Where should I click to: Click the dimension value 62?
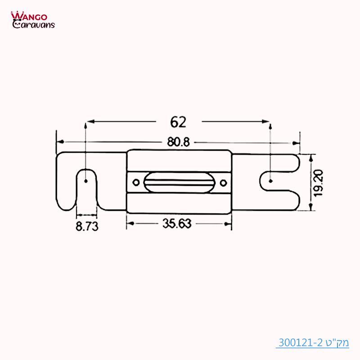click(x=178, y=122)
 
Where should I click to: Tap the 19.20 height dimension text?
click(x=319, y=182)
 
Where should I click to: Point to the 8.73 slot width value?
click(x=86, y=226)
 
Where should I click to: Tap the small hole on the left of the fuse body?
click(x=135, y=182)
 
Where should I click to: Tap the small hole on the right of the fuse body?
click(x=224, y=182)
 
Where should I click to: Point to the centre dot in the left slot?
click(x=85, y=182)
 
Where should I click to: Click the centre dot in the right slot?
click(x=270, y=181)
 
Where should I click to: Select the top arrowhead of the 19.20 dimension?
click(x=310, y=156)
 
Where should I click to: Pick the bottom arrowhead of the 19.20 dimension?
click(x=310, y=208)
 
